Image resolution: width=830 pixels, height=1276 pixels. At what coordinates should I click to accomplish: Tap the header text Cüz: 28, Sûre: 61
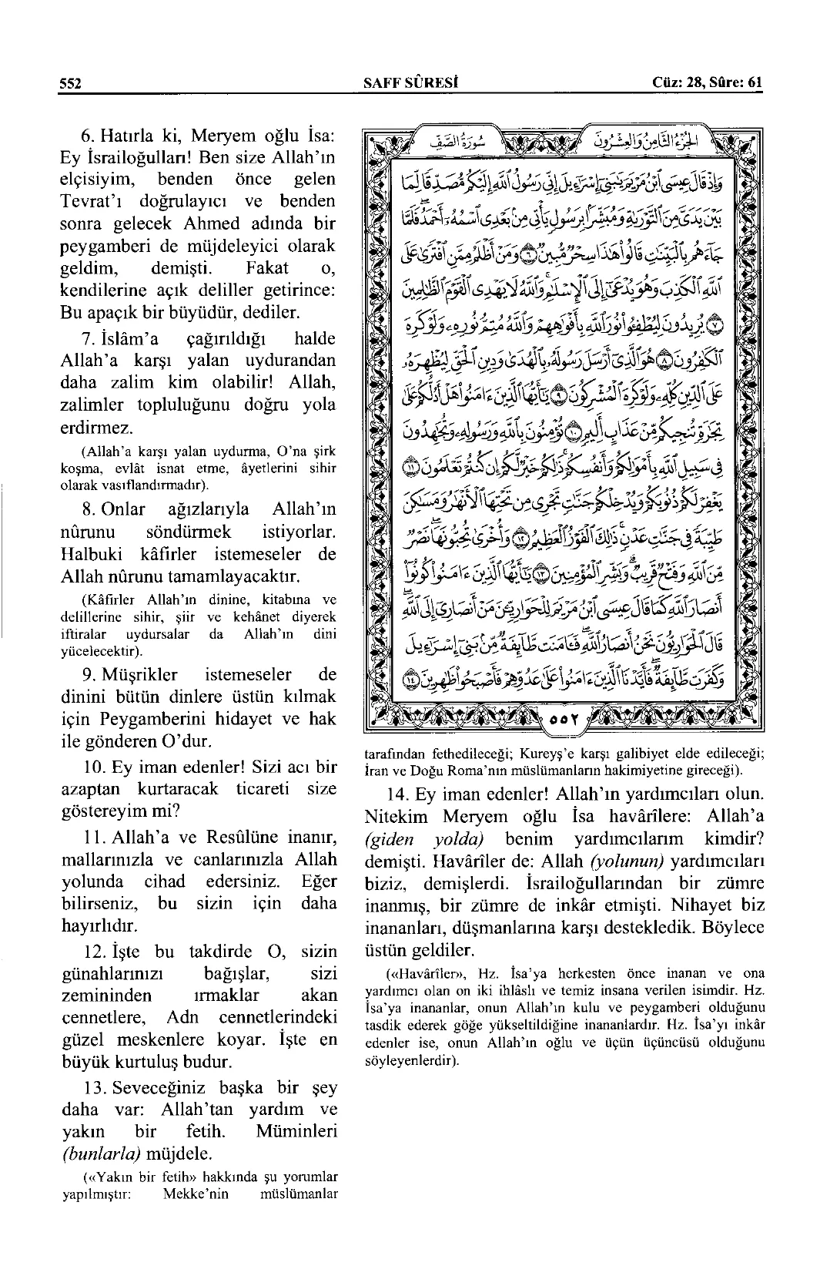(x=706, y=83)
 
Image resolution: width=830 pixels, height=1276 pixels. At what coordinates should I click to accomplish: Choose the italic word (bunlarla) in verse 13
(x=96, y=1154)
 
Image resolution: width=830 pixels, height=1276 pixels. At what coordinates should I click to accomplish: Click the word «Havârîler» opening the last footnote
(x=427, y=974)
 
